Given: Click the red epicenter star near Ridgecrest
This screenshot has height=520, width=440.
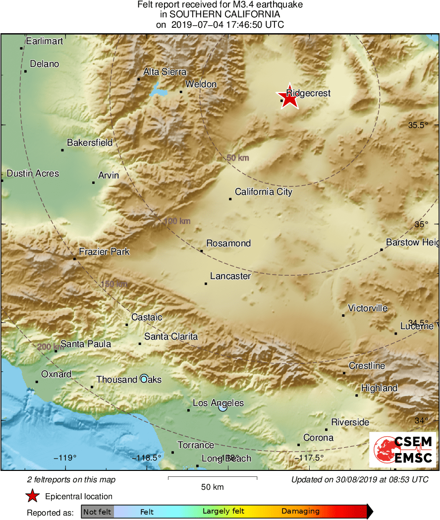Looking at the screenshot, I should click(x=289, y=97).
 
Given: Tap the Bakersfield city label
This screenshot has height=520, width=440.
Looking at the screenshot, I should click(x=90, y=143).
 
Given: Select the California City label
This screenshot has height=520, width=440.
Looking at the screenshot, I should click(x=264, y=192).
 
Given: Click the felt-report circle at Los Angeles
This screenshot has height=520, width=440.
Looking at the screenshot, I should click(x=222, y=407).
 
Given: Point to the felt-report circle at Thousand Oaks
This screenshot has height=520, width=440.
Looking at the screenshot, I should click(x=144, y=379).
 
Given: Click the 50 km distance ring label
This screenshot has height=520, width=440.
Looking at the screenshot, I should click(x=238, y=158).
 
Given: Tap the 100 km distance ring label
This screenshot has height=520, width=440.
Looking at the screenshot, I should click(x=177, y=221).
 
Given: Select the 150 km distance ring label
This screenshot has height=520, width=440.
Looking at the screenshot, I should click(x=114, y=284).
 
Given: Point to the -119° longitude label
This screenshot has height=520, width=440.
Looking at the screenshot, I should click(x=65, y=458).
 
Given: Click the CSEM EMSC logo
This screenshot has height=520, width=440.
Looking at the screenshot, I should click(x=403, y=449).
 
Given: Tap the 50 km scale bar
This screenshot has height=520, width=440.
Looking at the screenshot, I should click(x=213, y=478).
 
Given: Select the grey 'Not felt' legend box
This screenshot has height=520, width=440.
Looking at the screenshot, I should click(x=97, y=512).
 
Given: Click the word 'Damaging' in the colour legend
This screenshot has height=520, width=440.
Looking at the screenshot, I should click(x=300, y=512).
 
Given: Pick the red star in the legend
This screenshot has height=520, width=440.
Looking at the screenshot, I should click(x=33, y=496).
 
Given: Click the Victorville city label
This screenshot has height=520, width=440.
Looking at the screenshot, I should click(x=368, y=308).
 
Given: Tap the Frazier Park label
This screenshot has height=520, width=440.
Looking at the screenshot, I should click(x=104, y=252).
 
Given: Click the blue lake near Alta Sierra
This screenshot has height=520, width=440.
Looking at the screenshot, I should click(x=159, y=91).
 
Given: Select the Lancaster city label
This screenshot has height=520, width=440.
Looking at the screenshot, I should click(x=230, y=276).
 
